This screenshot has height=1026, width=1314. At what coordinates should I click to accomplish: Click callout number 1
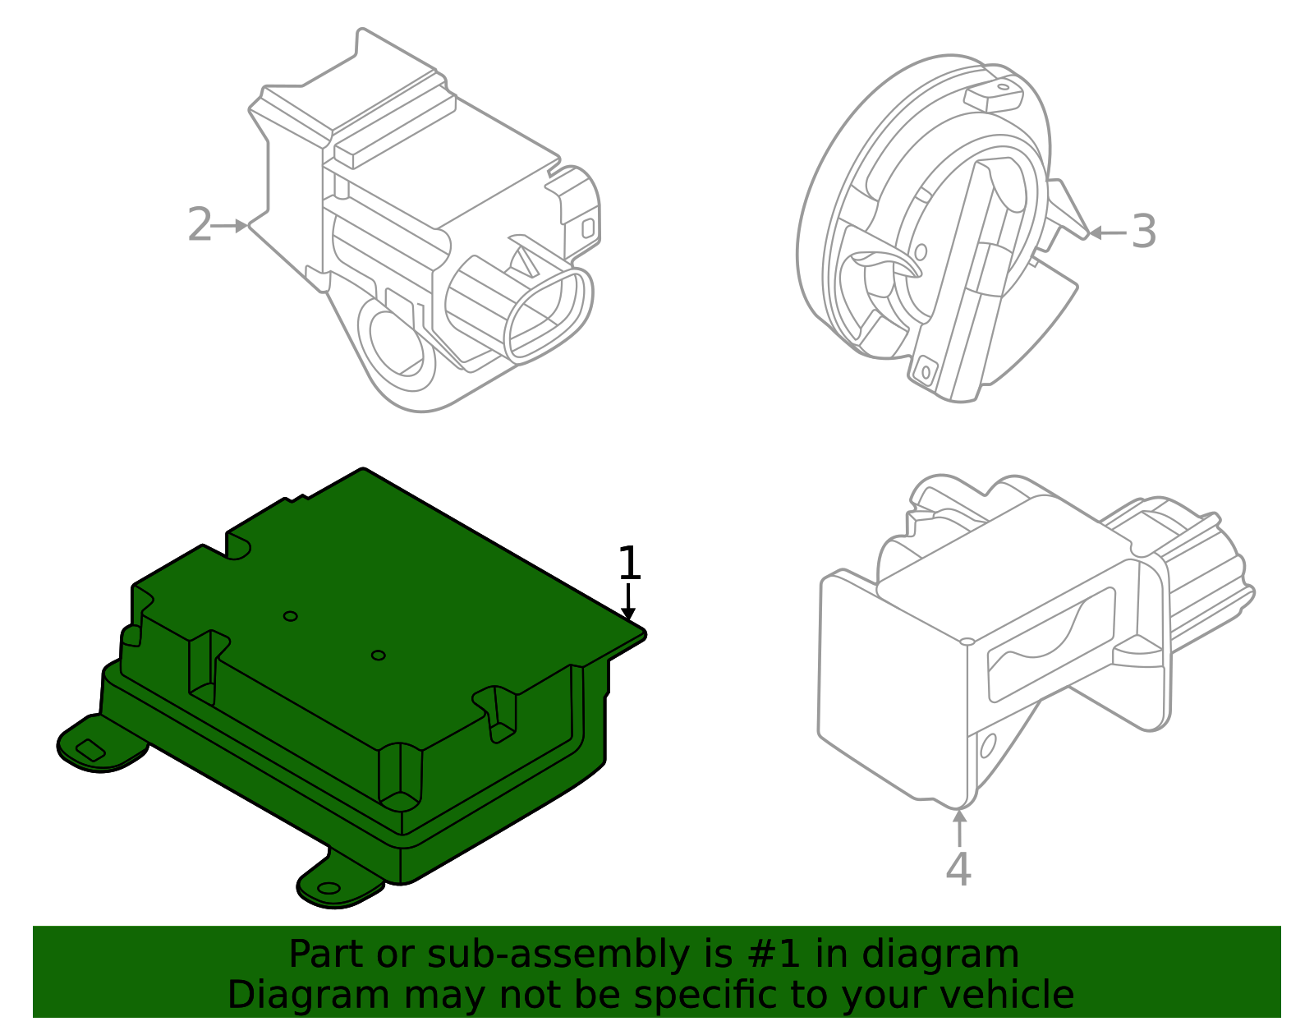tap(628, 564)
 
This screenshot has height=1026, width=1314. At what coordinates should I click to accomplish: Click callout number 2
tap(200, 225)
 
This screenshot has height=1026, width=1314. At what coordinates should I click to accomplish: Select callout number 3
tap(1144, 232)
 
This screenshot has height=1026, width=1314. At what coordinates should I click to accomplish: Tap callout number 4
tap(958, 869)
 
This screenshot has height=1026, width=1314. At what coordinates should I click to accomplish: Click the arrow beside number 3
tap(1105, 232)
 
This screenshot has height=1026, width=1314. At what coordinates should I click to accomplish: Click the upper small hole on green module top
tap(290, 616)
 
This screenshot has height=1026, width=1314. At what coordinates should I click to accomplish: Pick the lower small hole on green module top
tap(378, 655)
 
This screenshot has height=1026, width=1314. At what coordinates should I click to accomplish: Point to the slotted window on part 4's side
tap(1051, 645)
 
